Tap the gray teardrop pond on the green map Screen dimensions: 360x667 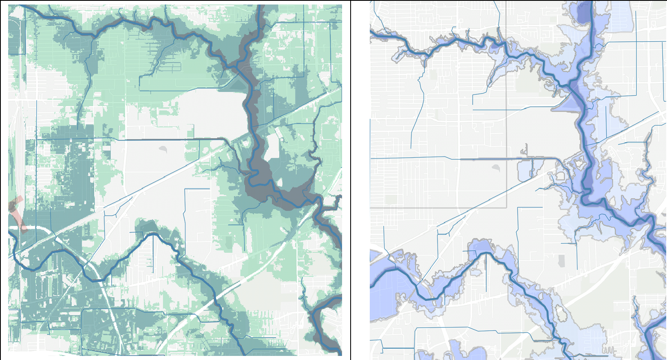[163, 149]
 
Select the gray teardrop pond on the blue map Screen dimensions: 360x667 [496, 168]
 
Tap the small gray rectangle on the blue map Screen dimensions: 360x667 [561, 261]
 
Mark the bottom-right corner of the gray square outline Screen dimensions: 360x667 [506, 208]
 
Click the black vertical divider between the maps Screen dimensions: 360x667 [351, 180]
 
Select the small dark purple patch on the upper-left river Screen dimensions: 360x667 [494, 46]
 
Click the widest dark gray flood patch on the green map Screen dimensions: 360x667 [261, 179]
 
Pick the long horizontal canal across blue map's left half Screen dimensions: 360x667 [448, 158]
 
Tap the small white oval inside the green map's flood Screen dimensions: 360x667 [280, 181]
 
